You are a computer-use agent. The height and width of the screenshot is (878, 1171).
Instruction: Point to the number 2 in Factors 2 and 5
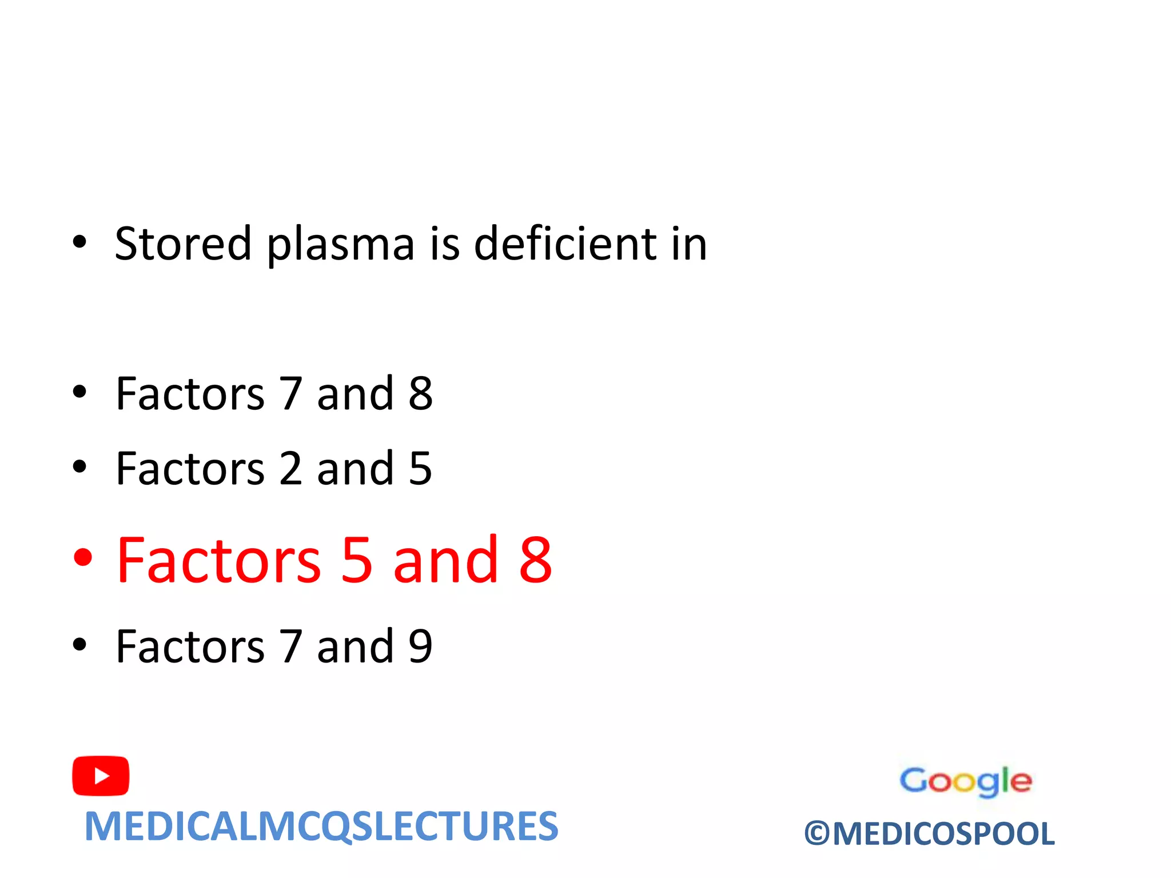tap(290, 468)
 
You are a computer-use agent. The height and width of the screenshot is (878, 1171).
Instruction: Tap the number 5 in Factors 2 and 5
tap(420, 468)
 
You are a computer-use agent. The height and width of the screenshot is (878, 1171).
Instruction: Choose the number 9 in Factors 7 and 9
tap(420, 646)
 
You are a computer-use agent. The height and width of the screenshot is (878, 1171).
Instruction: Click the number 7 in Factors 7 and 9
tap(290, 646)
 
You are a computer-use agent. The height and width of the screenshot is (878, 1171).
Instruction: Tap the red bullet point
tap(83, 557)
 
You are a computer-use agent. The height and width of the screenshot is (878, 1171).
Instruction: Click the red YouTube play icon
tap(101, 776)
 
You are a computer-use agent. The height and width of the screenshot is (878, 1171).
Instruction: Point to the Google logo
tap(965, 781)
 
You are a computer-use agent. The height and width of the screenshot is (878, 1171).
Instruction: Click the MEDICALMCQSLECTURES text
tap(321, 827)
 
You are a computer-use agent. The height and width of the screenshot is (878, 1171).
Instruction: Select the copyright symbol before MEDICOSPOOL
tap(816, 834)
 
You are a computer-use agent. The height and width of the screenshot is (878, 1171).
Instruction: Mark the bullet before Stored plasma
tap(79, 242)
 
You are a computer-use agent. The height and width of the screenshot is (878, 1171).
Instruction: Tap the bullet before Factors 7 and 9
tap(79, 644)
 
